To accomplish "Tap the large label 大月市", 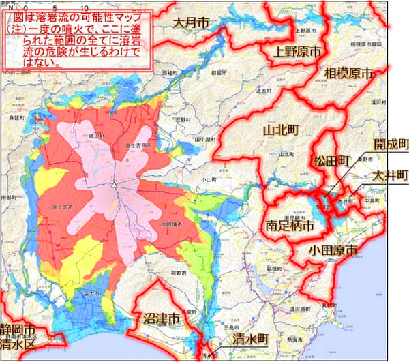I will pos(192,23).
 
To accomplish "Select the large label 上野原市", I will pos(297,51).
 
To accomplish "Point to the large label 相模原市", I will pos(350,73).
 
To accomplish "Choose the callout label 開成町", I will pos(391,144).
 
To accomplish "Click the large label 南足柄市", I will pos(290,223).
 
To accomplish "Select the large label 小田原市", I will pos(333,250).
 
